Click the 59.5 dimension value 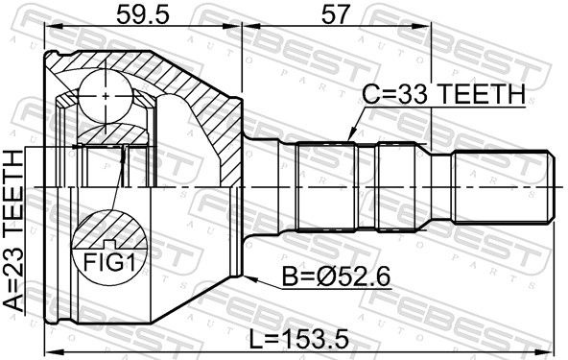pos(142,14)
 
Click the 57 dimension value pos(336,14)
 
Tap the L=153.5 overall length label pos(298,339)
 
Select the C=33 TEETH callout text pos(443,94)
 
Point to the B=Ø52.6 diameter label pos(337,277)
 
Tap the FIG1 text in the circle pos(109,262)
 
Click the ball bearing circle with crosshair pos(106,96)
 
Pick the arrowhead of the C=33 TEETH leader pos(350,135)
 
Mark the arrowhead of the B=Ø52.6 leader pos(250,278)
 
